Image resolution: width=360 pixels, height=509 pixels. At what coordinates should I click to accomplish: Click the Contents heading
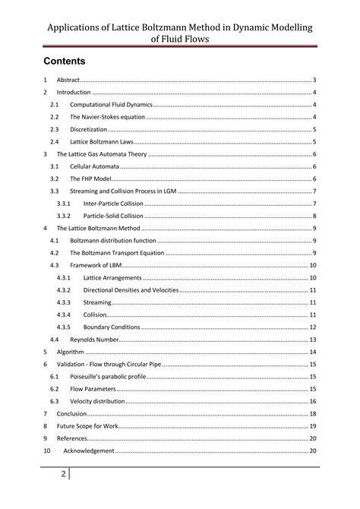pyautogui.click(x=64, y=60)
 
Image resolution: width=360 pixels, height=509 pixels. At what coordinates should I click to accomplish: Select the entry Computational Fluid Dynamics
pyautogui.click(x=111, y=104)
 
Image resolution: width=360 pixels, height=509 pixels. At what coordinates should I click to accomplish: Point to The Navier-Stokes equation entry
pyautogui.click(x=106, y=117)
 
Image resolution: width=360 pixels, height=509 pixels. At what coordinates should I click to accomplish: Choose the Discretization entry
pyautogui.click(x=91, y=129)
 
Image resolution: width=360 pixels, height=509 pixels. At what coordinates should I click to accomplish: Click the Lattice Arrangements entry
pyautogui.click(x=112, y=278)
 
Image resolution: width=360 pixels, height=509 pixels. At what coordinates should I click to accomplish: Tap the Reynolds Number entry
pyautogui.click(x=94, y=340)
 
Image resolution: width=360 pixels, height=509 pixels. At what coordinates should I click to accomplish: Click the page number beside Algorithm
pyautogui.click(x=312, y=352)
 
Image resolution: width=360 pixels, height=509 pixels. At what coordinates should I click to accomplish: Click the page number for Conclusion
pyautogui.click(x=312, y=413)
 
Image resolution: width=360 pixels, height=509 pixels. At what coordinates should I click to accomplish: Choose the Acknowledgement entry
pyautogui.click(x=89, y=451)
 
